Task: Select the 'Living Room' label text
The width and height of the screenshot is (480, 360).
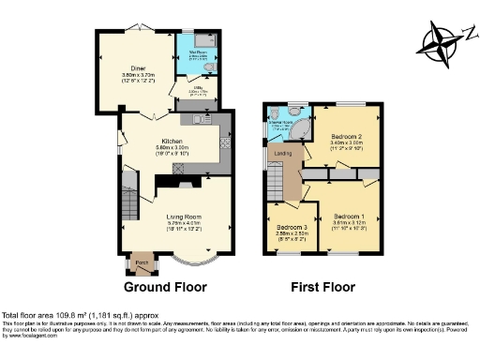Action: click(185, 216)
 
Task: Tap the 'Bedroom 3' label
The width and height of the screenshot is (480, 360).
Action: click(292, 227)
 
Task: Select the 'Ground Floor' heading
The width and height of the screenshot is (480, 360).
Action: click(166, 286)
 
